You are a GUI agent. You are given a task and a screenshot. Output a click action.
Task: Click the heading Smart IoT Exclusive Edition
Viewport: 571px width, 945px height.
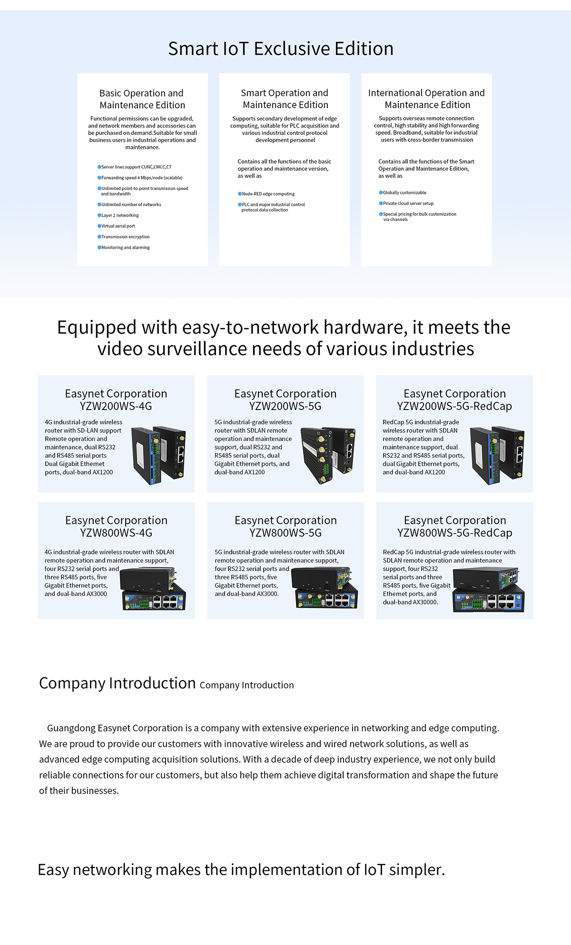[x=281, y=49]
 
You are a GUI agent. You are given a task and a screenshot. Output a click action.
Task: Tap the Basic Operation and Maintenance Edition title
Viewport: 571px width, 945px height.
[x=142, y=99]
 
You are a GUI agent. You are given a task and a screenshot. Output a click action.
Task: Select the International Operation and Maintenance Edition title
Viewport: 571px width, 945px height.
[x=426, y=99]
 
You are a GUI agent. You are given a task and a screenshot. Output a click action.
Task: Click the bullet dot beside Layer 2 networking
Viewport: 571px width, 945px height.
[x=99, y=215]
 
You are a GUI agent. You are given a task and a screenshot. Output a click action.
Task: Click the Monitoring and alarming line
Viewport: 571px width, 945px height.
[x=125, y=248]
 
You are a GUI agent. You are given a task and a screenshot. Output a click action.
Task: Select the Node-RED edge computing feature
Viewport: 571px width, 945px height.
[x=268, y=194]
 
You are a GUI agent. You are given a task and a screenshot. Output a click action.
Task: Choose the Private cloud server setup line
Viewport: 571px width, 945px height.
[x=408, y=203]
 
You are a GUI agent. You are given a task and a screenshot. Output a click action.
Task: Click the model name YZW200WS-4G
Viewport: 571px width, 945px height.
[x=116, y=406]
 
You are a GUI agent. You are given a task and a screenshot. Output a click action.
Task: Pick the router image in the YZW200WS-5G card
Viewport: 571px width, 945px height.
[x=328, y=455]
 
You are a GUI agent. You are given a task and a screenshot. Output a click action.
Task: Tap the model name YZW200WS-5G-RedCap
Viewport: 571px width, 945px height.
[x=454, y=406]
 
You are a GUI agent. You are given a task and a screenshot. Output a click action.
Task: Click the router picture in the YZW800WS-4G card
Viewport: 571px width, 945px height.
[x=153, y=589]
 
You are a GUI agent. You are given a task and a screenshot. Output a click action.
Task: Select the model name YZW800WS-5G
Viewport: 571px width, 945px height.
[x=285, y=533]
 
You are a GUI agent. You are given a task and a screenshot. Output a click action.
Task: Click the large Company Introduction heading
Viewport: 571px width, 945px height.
[x=117, y=683]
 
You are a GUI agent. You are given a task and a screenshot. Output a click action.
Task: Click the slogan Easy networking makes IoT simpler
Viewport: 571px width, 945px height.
[x=241, y=870]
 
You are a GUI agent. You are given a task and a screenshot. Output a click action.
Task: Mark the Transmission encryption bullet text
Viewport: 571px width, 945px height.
[x=125, y=237]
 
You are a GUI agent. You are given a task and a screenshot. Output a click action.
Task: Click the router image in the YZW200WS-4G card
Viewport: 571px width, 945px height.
[x=158, y=455]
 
